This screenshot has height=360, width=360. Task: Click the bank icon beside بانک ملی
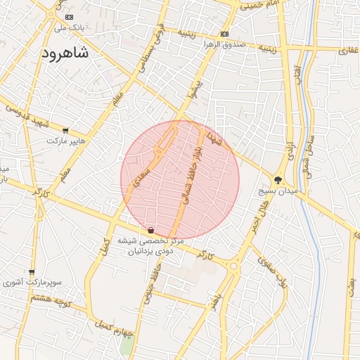point(68,17)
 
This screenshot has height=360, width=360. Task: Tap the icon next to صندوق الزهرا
point(224,34)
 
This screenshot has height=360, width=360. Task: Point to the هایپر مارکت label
point(66,141)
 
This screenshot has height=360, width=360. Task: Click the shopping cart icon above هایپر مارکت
point(66,130)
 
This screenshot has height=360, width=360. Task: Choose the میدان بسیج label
point(279,191)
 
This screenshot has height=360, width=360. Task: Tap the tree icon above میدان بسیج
point(278,180)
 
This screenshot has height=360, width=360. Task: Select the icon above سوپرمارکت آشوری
point(32,271)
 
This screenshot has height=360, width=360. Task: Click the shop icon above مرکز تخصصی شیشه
point(151,230)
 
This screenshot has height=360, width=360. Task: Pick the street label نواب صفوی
point(274,270)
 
